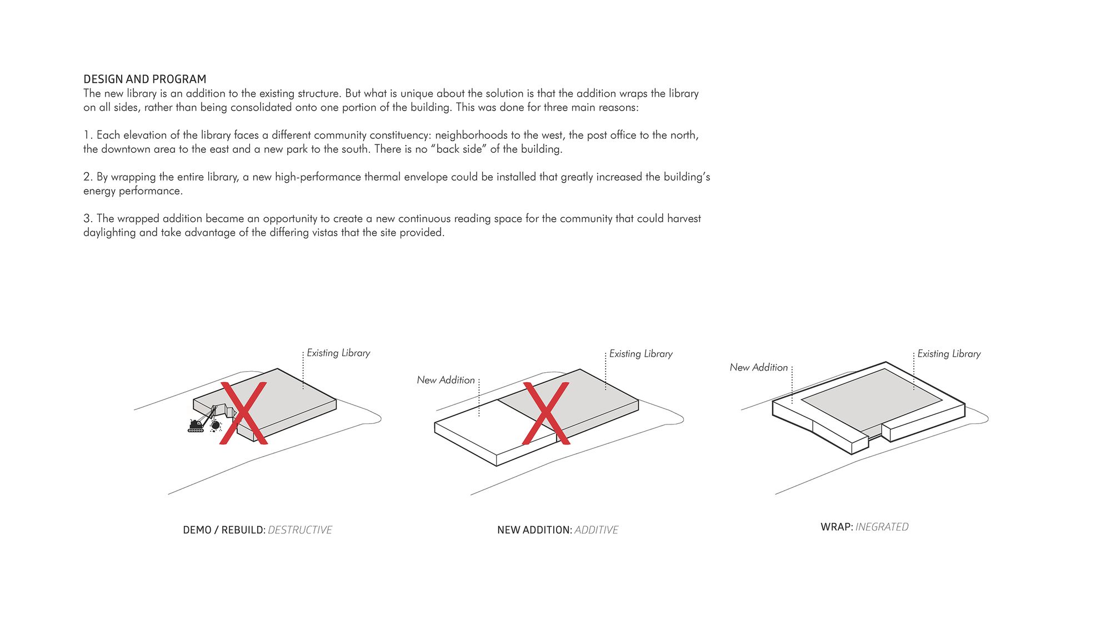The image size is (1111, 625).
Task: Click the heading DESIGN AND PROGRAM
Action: pyautogui.click(x=144, y=79)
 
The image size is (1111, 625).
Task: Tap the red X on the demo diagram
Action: pyautogui.click(x=243, y=412)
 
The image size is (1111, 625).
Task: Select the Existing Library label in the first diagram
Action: pyautogui.click(x=338, y=353)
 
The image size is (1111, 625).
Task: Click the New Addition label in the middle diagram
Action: pyautogui.click(x=446, y=380)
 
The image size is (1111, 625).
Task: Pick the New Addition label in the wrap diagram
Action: pyautogui.click(x=758, y=367)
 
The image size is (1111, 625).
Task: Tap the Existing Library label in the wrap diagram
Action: pyautogui.click(x=948, y=354)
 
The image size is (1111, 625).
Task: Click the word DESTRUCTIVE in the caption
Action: pyautogui.click(x=300, y=530)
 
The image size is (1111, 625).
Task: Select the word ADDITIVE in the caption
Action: pyautogui.click(x=596, y=530)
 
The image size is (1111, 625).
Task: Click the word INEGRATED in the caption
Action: pyautogui.click(x=882, y=527)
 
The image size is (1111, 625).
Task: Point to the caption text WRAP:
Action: pyautogui.click(x=837, y=527)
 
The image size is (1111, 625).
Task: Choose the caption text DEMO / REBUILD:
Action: pyautogui.click(x=224, y=530)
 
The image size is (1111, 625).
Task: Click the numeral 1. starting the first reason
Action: pyautogui.click(x=88, y=135)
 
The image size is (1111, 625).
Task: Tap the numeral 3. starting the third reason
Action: pyautogui.click(x=88, y=218)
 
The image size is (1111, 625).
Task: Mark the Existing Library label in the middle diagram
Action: pyautogui.click(x=640, y=354)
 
